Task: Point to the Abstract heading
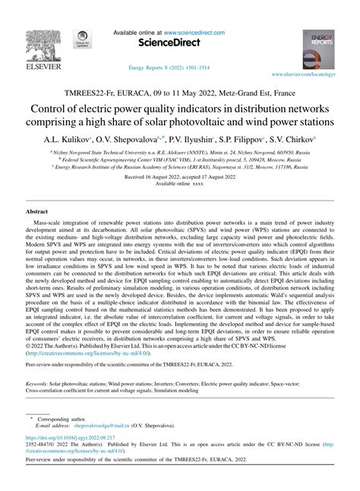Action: point(38,210)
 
